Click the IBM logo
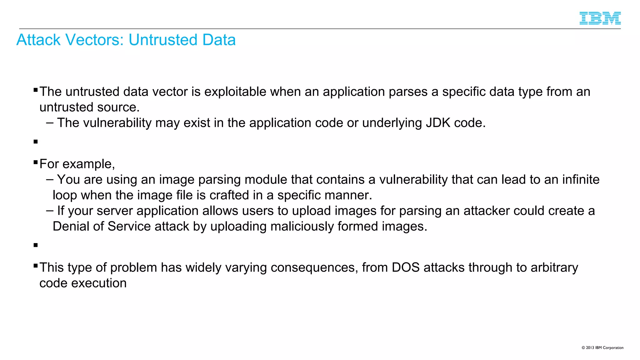[x=600, y=18]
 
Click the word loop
[x=65, y=195]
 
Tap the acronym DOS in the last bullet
[x=406, y=268]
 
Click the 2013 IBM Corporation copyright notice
[x=602, y=347]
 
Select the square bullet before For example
[x=36, y=162]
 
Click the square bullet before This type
[x=36, y=266]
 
